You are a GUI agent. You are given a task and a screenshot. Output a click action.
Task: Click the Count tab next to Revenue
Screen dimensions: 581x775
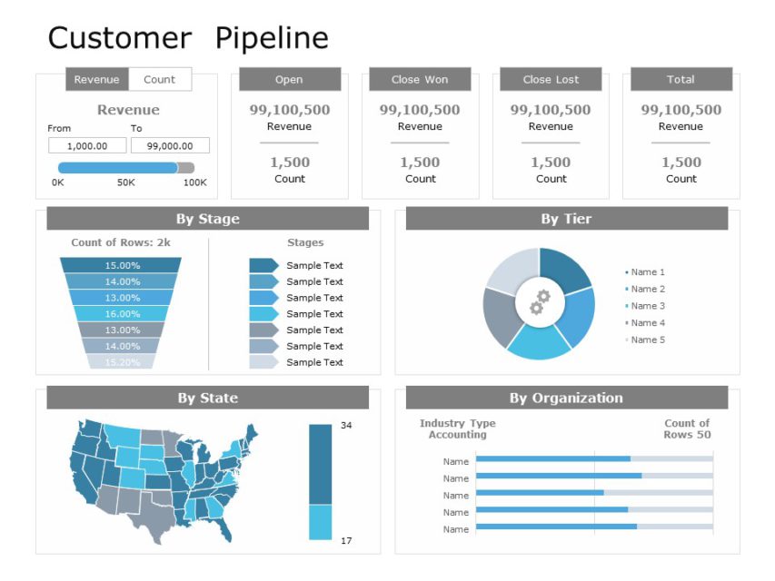159,80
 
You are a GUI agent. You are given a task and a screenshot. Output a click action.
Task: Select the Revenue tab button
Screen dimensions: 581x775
96,80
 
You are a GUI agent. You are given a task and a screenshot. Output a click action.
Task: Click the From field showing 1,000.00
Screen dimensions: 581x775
87,145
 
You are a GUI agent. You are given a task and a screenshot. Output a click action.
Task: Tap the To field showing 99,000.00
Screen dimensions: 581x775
170,145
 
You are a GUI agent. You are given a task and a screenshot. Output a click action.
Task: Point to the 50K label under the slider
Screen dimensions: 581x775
125,182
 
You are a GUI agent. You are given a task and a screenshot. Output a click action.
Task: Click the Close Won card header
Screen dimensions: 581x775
420,80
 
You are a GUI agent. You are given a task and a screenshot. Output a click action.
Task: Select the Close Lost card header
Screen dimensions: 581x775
551,80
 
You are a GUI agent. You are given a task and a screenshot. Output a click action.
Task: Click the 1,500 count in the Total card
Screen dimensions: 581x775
681,162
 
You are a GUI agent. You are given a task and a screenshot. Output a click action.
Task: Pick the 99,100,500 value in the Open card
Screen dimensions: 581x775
290,110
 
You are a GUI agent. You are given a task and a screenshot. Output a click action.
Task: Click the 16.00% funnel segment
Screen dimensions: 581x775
122,314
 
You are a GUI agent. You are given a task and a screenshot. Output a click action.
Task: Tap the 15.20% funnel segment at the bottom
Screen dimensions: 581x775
122,362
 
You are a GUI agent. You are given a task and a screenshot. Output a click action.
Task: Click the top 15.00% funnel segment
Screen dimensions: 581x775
122,265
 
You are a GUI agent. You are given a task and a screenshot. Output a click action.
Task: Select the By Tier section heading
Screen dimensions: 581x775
566,219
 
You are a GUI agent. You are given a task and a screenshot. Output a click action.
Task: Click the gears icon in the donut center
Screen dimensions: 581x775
540,302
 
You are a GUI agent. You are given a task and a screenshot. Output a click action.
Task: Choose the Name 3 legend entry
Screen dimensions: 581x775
648,306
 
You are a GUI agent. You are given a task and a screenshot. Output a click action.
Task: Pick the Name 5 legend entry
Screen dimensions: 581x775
648,340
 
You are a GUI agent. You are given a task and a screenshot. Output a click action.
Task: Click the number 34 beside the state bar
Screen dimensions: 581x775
346,426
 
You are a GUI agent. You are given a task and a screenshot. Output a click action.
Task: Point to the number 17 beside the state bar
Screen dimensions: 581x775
346,541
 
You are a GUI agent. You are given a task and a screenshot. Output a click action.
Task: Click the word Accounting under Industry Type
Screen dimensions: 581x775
457,435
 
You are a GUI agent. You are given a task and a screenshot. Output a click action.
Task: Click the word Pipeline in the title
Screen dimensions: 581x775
272,38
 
